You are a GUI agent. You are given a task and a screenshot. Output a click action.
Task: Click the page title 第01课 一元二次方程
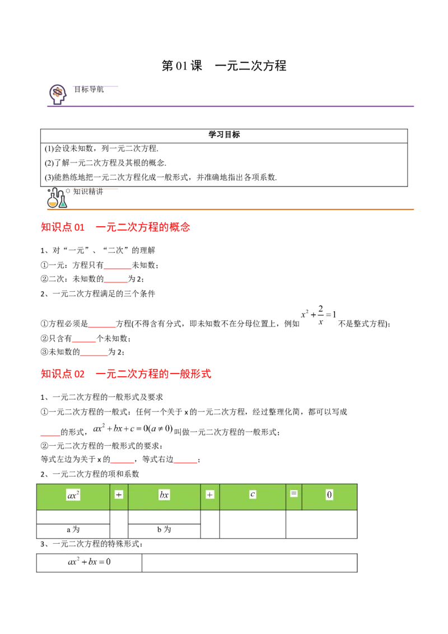(x=223, y=66)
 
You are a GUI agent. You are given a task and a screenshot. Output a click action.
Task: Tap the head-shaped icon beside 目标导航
(x=58, y=94)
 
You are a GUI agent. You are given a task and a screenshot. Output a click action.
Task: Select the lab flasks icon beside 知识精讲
(x=57, y=198)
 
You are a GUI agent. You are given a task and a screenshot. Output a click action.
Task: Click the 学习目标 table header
(x=224, y=134)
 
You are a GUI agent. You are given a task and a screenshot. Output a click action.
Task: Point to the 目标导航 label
(x=89, y=90)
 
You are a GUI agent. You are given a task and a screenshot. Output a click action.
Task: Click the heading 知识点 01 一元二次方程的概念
(x=115, y=227)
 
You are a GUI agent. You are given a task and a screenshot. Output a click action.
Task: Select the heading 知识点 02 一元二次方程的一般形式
(x=126, y=374)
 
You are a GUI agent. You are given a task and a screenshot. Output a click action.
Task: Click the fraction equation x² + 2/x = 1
(x=319, y=315)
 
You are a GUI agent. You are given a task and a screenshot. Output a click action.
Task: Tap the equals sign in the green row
(x=294, y=493)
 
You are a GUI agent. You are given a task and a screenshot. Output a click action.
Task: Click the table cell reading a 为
(x=73, y=531)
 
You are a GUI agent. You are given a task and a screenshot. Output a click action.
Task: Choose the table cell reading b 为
(x=164, y=531)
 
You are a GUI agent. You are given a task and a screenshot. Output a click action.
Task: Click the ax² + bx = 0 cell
(x=90, y=563)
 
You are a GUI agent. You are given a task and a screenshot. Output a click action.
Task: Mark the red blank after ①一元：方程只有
(x=118, y=268)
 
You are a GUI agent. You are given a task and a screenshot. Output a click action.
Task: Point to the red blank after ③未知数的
(x=94, y=355)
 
